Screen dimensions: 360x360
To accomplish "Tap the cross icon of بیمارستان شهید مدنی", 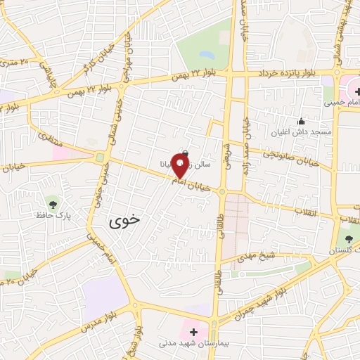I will pyautogui.click(x=193, y=331).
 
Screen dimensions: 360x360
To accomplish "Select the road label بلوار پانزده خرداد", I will pyautogui.click(x=292, y=72).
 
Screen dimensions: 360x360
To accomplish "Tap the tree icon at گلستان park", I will pyautogui.click(x=349, y=240).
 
